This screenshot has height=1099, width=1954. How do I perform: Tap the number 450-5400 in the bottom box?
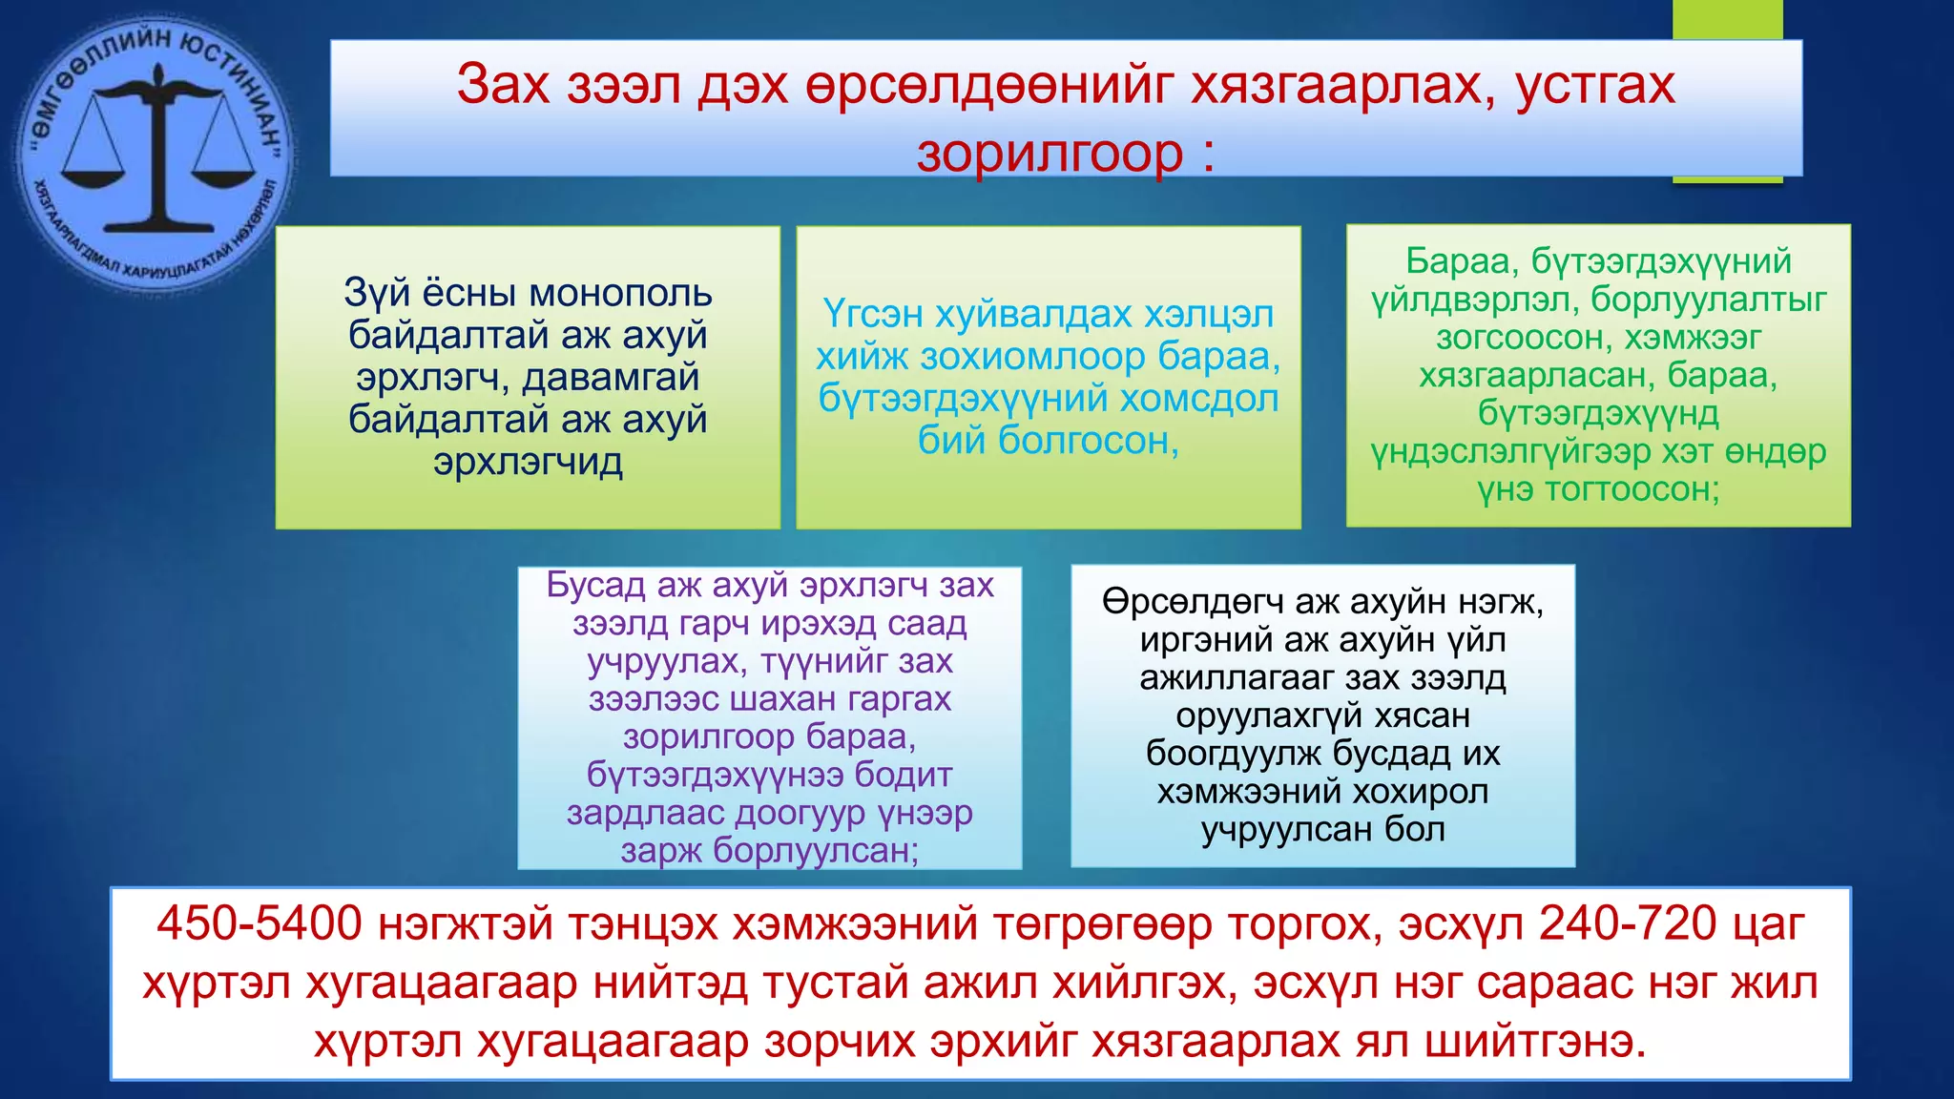260,923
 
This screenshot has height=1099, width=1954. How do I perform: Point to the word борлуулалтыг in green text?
1708,300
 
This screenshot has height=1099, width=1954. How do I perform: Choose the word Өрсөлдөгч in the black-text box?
1193,602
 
